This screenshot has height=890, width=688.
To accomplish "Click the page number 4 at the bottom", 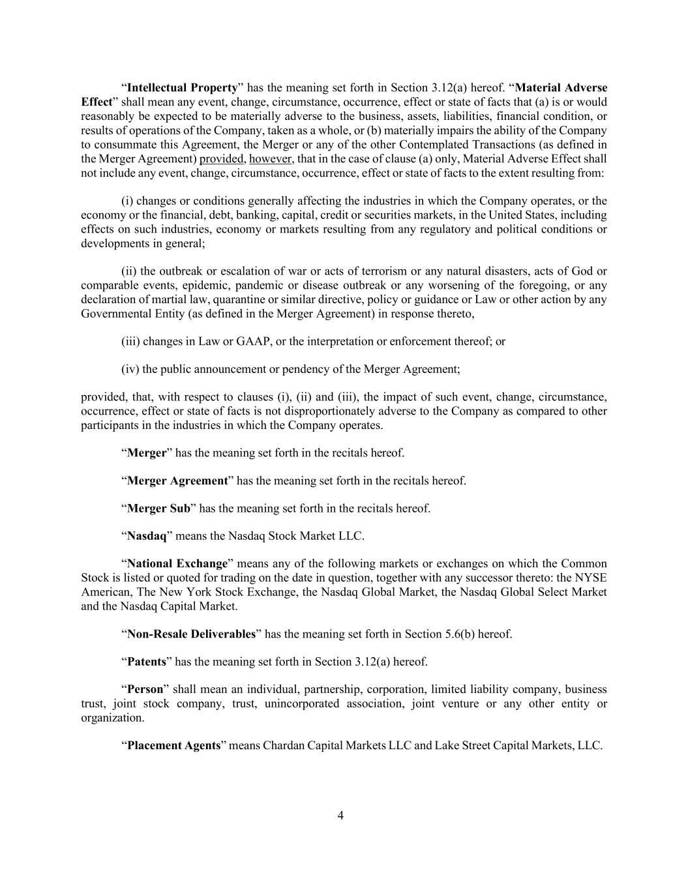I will point(340,815).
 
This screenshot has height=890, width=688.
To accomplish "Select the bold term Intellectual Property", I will point(182,87).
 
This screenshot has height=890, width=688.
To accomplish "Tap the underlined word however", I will point(271,158).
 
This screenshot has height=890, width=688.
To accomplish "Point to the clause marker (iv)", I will point(130,369).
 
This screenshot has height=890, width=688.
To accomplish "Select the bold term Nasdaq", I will point(147,536).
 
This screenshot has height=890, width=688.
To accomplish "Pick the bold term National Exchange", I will point(177,563).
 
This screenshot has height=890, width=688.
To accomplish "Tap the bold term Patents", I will point(146,662).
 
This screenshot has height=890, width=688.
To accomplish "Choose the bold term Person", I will point(145,689).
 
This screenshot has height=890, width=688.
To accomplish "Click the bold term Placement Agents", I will point(173,745).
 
